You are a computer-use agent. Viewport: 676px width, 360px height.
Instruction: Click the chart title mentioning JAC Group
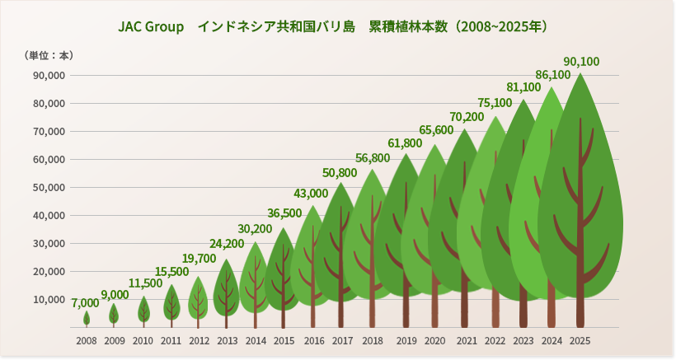click(333, 26)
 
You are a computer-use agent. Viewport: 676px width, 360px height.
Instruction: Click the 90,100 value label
click(581, 62)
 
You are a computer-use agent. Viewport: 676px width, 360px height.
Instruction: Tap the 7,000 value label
click(85, 303)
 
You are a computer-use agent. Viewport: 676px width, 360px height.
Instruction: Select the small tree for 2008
click(87, 318)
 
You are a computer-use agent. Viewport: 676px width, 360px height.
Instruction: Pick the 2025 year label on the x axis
click(580, 340)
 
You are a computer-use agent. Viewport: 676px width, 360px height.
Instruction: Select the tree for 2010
click(143, 311)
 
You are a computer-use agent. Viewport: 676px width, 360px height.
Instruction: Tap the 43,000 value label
click(311, 194)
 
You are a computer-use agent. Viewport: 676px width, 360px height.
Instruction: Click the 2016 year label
click(314, 340)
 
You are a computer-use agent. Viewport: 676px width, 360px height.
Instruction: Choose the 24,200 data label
click(227, 244)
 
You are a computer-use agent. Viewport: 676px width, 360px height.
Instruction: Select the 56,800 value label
click(373, 158)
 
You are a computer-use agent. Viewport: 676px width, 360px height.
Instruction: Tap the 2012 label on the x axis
click(199, 340)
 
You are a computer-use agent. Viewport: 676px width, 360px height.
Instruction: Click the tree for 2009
click(114, 314)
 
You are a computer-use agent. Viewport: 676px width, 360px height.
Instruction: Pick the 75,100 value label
click(495, 103)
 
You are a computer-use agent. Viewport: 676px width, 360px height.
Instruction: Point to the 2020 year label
click(434, 340)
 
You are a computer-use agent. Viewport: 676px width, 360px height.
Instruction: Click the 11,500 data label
click(145, 283)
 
